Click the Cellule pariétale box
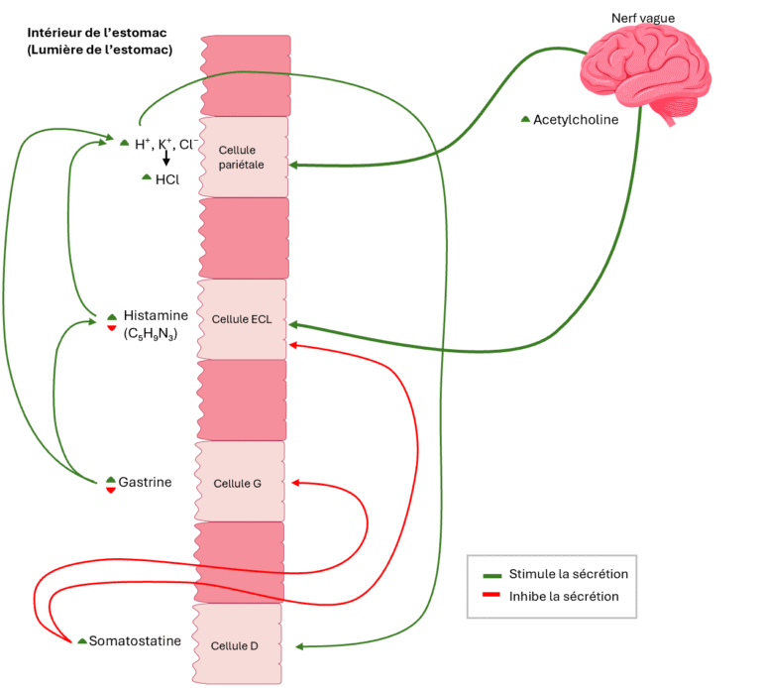pyautogui.click(x=244, y=157)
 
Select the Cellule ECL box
pyautogui.click(x=242, y=319)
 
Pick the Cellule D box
pyautogui.click(x=237, y=645)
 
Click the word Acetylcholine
pyautogui.click(x=576, y=120)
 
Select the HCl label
pyautogui.click(x=167, y=179)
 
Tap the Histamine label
pyautogui.click(x=156, y=315)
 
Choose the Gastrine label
pyautogui.click(x=145, y=482)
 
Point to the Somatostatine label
pyautogui.click(x=135, y=640)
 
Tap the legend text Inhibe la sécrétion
pyautogui.click(x=564, y=597)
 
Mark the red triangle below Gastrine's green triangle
pyautogui.click(x=111, y=490)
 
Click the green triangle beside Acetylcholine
pyautogui.click(x=525, y=120)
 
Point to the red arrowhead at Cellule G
pyautogui.click(x=296, y=484)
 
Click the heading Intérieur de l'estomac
pyautogui.click(x=95, y=33)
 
